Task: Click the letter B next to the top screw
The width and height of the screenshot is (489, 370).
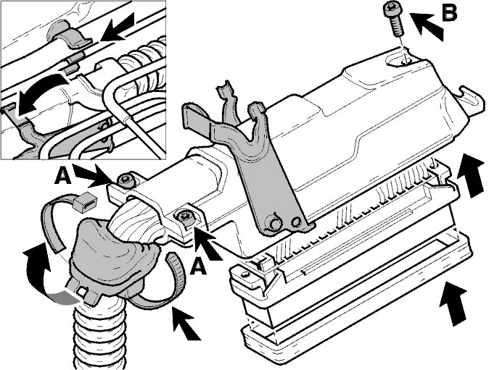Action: (x=449, y=12)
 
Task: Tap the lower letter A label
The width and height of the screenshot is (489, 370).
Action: (x=199, y=266)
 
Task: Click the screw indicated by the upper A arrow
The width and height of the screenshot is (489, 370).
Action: (x=126, y=180)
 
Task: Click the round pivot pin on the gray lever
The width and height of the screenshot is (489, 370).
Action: (x=274, y=223)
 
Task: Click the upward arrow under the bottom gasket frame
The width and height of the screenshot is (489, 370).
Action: (x=453, y=303)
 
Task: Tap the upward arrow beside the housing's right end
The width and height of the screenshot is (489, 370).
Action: (x=472, y=175)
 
